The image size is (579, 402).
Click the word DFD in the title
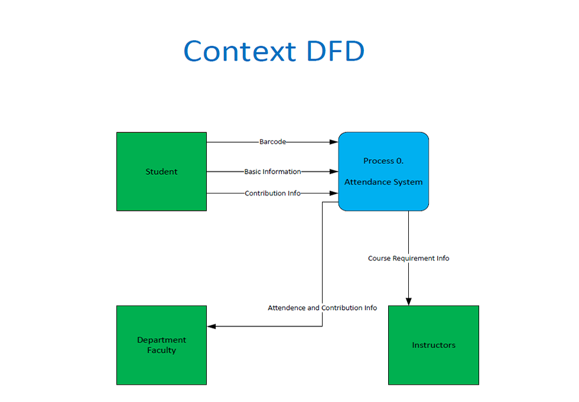point(335,51)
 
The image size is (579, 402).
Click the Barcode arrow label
point(272,142)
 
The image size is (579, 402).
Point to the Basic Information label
point(272,171)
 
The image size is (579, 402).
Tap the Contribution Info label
point(272,193)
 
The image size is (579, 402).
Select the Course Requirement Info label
point(408,258)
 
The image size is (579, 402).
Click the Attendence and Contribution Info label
point(322,308)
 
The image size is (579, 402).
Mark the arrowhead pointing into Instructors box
point(408,301)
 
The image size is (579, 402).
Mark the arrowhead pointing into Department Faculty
point(212,326)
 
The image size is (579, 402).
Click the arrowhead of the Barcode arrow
point(334,142)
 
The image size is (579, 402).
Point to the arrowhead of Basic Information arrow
point(334,171)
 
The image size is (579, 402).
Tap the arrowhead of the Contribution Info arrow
point(334,193)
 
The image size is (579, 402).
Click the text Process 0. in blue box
point(383,161)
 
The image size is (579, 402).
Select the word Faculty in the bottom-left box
point(161,350)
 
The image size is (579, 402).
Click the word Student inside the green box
point(161,172)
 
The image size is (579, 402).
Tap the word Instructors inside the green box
point(433,345)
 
